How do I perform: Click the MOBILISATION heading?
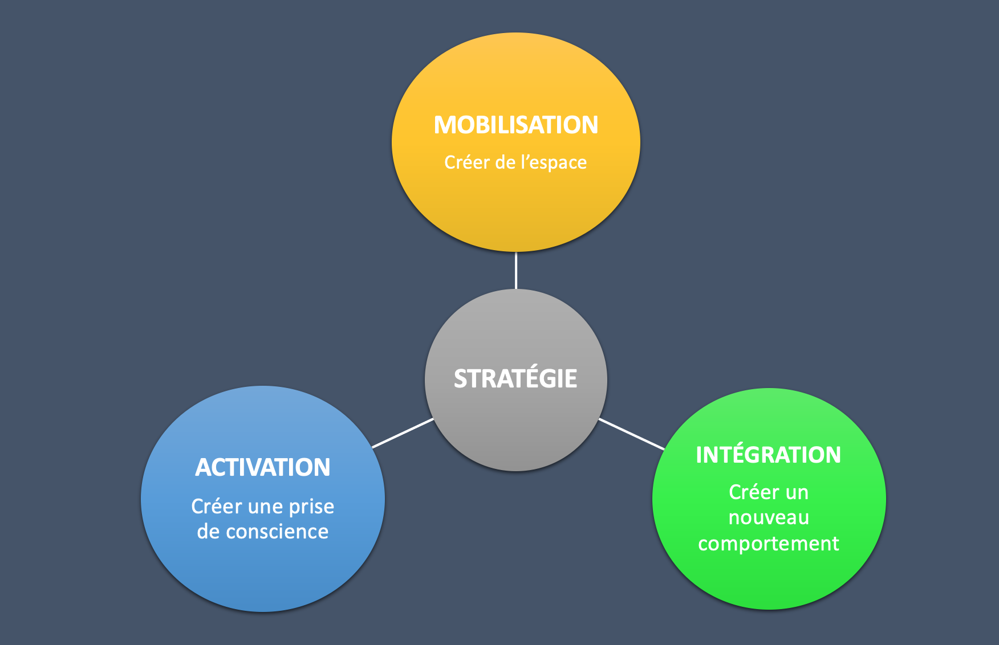515,125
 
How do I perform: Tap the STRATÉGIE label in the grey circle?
515,379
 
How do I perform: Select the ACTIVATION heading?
262,468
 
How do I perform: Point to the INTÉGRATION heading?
768,455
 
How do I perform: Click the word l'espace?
553,163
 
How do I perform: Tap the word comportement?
768,544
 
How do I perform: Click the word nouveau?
769,518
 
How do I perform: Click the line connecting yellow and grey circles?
515,270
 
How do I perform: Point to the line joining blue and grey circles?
403,433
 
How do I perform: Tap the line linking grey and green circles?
631,434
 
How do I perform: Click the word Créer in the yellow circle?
467,163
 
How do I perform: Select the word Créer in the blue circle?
217,507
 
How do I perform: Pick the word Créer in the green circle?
752,492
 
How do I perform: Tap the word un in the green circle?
797,493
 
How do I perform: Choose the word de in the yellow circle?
505,163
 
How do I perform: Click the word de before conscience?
208,532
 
